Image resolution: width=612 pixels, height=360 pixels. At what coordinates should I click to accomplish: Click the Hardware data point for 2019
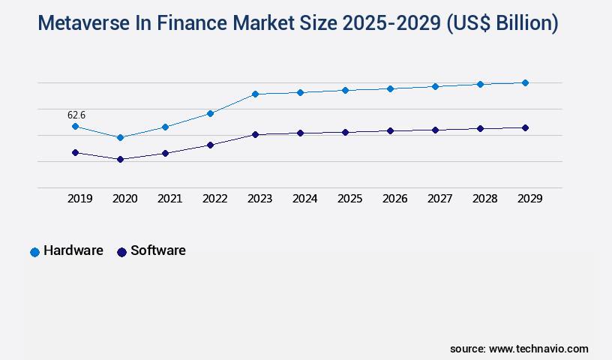click(75, 126)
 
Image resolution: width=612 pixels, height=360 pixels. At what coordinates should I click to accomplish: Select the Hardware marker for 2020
click(120, 137)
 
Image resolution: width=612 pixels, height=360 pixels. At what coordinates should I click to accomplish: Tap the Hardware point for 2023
click(255, 94)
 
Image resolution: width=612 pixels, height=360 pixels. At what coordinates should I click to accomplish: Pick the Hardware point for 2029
click(525, 82)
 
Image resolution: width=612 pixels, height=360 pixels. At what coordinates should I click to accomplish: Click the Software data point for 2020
click(120, 159)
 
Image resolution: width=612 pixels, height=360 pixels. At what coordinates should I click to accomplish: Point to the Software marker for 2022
click(210, 145)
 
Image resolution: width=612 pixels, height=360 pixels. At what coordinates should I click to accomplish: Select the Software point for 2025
click(345, 132)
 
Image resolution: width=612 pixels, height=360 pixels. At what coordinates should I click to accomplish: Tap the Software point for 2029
click(525, 127)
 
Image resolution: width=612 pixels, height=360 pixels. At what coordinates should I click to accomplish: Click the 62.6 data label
click(76, 115)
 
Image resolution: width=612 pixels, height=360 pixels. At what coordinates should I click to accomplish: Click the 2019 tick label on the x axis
click(79, 199)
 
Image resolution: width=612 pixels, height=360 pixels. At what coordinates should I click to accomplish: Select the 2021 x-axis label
click(169, 199)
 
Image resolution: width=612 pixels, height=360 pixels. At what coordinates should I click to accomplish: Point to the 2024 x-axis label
click(304, 199)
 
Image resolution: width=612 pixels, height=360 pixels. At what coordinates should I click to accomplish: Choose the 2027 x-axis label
click(439, 199)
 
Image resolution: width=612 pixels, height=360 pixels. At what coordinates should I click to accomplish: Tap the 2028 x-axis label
click(484, 199)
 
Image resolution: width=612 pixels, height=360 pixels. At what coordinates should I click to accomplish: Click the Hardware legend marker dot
click(34, 252)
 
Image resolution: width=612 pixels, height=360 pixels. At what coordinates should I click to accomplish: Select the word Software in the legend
click(157, 250)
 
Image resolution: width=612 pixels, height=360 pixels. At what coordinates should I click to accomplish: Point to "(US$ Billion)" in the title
click(502, 24)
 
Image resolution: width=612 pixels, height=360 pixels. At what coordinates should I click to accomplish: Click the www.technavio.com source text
click(538, 349)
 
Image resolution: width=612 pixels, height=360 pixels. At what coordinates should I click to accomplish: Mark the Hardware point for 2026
click(390, 88)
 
